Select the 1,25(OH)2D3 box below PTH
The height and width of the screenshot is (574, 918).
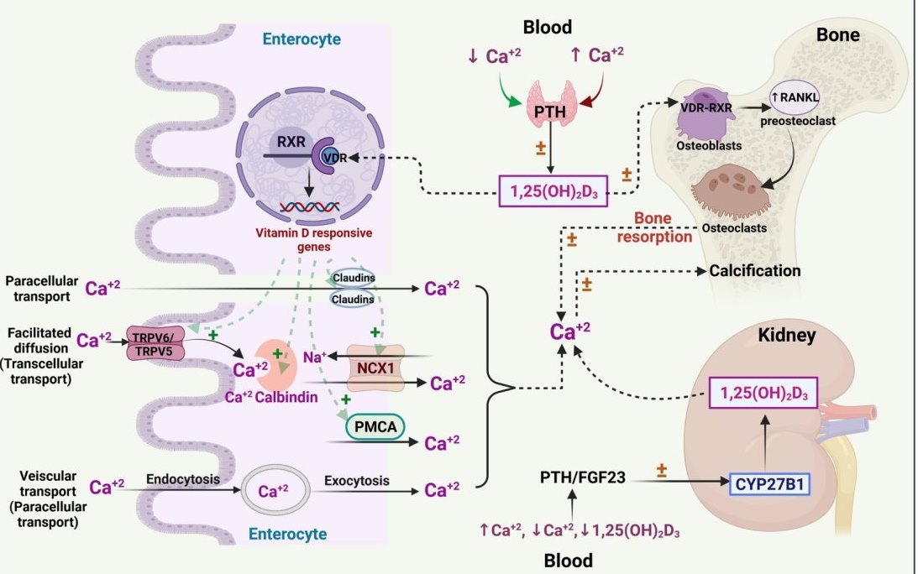click(x=553, y=191)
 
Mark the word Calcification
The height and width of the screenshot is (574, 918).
click(x=754, y=271)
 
